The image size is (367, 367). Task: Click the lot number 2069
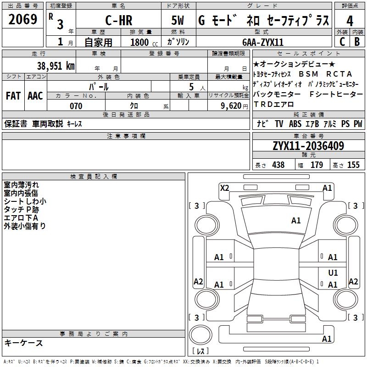tap(22, 19)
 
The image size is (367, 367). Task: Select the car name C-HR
tap(119, 20)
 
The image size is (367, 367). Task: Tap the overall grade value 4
tap(350, 21)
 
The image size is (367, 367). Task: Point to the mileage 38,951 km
tap(56, 66)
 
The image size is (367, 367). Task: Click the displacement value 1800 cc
tap(144, 42)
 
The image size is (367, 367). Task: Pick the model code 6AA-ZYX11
tap(263, 42)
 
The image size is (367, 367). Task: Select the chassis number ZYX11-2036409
tap(308, 146)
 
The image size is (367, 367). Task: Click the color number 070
tap(76, 106)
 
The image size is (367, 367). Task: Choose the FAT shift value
tap(13, 96)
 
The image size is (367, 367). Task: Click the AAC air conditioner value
tap(35, 96)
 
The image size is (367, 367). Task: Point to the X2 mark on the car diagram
tap(224, 188)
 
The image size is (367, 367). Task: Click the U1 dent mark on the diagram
tap(333, 272)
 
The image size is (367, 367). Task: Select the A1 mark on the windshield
tap(296, 221)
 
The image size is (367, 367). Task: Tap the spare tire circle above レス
tap(200, 335)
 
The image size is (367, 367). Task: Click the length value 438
tap(278, 165)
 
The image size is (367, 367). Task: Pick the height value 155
tap(353, 165)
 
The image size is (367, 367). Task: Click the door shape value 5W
tap(178, 20)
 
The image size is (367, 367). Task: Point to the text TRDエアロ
tap(273, 104)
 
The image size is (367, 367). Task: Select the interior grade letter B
tap(357, 42)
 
